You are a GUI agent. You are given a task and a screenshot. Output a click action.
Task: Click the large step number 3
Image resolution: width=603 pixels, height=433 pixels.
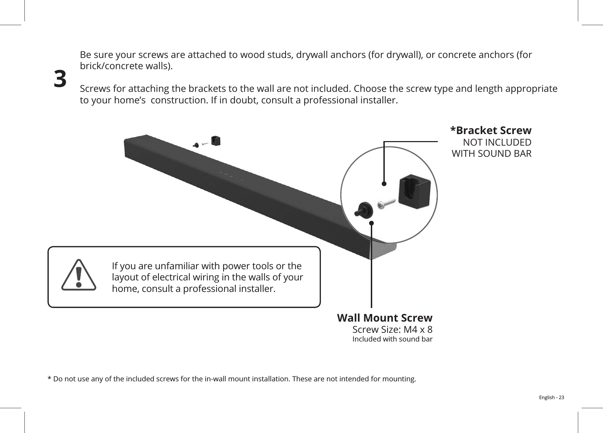pos(60,79)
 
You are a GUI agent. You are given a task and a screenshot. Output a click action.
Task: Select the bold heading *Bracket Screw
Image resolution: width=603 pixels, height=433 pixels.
pos(491,131)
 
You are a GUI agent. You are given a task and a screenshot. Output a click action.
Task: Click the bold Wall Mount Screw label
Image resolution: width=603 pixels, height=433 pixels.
pos(384,318)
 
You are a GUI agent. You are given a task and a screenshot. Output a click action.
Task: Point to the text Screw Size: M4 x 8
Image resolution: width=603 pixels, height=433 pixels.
pos(392,329)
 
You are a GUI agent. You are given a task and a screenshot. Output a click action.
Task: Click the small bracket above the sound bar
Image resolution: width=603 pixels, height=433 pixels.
pos(216,140)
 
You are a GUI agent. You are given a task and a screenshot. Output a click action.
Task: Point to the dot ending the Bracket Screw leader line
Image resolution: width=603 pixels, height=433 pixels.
pos(384,183)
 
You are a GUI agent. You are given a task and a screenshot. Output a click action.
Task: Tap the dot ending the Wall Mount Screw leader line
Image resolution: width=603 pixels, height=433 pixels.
pos(371,223)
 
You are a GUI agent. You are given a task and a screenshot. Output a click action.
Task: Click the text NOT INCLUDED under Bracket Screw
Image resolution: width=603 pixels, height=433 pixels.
pos(497,142)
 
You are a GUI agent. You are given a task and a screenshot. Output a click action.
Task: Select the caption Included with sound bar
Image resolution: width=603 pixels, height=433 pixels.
pos(392,339)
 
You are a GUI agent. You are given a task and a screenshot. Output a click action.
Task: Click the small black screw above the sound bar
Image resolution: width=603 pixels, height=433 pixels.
pos(196,144)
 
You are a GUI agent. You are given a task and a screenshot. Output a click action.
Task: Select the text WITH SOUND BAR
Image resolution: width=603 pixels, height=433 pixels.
pos(492,154)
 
